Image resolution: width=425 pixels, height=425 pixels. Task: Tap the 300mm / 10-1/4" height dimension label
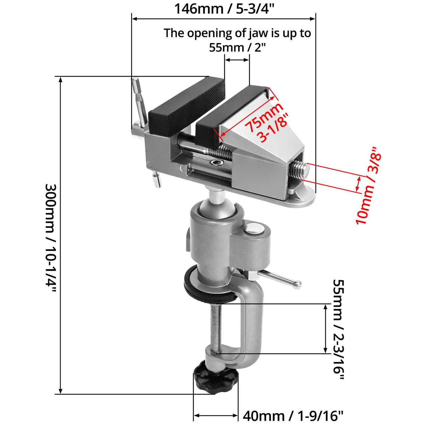tap(51, 235)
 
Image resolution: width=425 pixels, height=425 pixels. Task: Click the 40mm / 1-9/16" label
tap(293, 416)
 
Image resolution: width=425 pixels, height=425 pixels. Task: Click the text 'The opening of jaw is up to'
tap(237, 33)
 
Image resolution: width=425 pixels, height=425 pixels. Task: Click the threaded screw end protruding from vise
tap(300, 170)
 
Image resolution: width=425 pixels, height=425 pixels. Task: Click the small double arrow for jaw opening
tap(237, 60)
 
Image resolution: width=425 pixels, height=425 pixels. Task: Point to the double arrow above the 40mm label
tap(216, 416)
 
